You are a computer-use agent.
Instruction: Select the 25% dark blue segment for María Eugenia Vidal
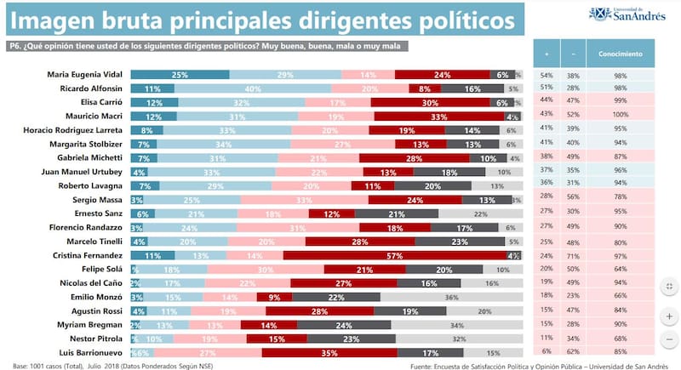click(180, 76)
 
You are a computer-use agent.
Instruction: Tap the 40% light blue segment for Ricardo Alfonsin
click(252, 88)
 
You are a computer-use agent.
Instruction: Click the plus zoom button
click(667, 316)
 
